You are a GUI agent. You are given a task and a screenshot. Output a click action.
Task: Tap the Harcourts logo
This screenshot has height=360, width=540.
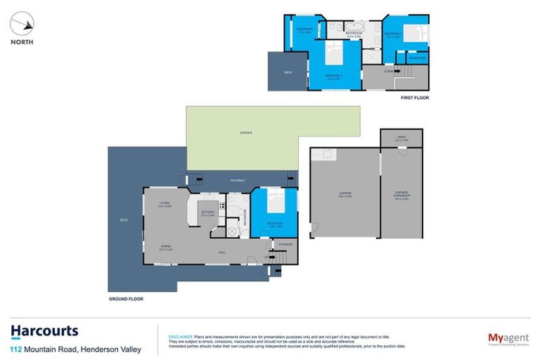click(44, 331)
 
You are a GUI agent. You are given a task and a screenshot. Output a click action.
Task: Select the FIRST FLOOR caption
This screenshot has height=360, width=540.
click(414, 98)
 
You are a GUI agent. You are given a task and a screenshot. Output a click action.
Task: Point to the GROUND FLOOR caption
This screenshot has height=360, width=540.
click(126, 299)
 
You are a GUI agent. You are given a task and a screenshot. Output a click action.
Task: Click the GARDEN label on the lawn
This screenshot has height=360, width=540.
click(245, 133)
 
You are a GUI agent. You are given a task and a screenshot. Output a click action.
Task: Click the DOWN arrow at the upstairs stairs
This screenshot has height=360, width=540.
click(389, 71)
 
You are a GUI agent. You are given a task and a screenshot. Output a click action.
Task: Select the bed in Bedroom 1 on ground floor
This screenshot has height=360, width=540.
click(277, 203)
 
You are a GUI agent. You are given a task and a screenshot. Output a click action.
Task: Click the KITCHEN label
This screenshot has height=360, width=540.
click(207, 212)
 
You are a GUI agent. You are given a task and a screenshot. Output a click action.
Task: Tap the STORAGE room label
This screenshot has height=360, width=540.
click(284, 245)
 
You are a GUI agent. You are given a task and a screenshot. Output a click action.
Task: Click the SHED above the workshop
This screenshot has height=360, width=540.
click(401, 139)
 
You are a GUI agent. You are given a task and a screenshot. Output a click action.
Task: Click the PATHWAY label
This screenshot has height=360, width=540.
click(238, 181)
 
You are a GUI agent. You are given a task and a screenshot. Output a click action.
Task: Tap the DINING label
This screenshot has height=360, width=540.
click(167, 246)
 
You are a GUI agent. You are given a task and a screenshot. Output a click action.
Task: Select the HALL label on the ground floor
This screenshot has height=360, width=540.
click(221, 252)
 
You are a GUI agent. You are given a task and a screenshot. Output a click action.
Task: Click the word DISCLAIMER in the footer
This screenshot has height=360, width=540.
click(174, 337)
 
